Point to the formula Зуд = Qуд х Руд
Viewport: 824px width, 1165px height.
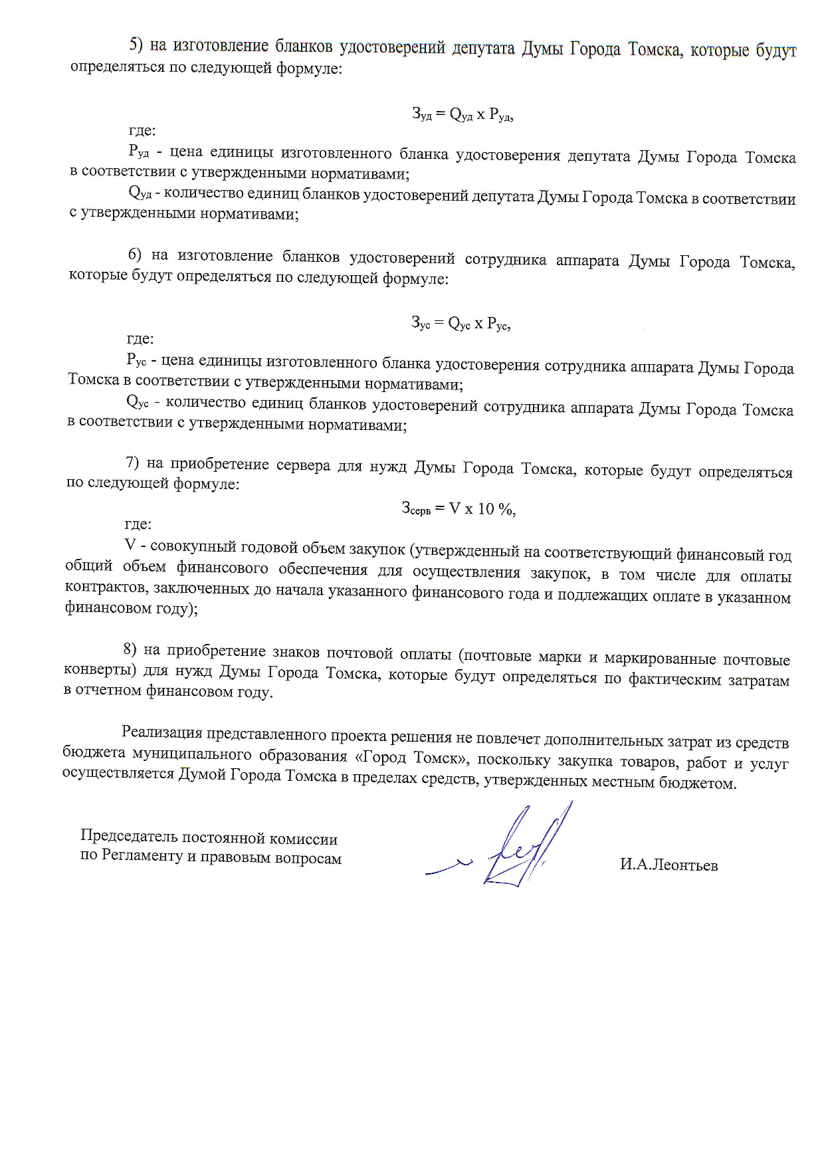(463, 114)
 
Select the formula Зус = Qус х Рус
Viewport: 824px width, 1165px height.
(461, 324)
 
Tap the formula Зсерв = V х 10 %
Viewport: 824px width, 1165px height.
(459, 509)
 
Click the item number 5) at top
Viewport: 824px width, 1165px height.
(136, 45)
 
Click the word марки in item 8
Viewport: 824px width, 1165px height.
(560, 657)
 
